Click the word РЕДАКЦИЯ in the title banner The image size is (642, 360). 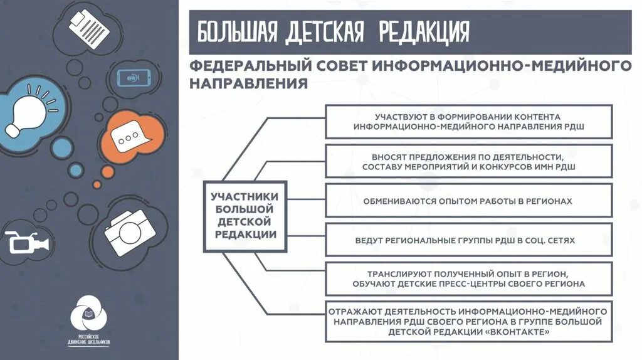[424, 32]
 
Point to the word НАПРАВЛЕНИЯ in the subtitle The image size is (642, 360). [248, 83]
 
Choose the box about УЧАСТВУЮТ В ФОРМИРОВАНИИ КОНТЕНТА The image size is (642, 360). [468, 122]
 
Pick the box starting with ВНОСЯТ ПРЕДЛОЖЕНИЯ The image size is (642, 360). [468, 161]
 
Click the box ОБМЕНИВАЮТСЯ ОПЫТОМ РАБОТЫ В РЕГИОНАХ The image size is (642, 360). [468, 201]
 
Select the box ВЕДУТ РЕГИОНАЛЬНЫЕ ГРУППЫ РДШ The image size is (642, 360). [468, 240]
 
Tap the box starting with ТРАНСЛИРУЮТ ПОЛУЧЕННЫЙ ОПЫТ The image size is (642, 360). [468, 278]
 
